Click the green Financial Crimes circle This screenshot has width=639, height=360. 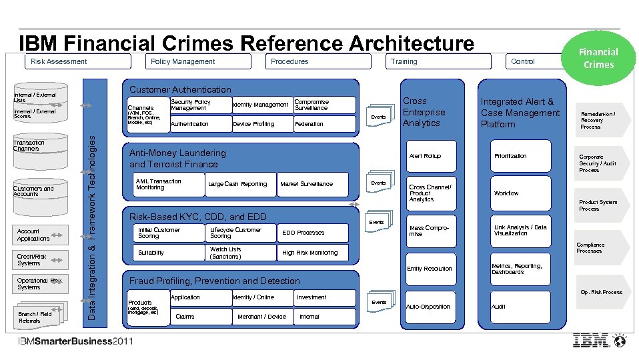(x=598, y=57)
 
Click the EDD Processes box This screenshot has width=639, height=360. (x=312, y=233)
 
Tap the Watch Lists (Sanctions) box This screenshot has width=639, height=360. (x=239, y=253)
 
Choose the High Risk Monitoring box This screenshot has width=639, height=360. (x=312, y=253)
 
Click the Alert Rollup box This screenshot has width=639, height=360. (x=432, y=156)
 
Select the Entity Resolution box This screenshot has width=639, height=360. (x=432, y=269)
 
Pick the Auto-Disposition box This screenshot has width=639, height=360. (x=432, y=307)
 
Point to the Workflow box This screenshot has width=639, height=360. (x=520, y=193)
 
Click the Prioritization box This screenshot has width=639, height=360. (x=520, y=156)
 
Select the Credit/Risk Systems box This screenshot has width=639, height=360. (x=41, y=259)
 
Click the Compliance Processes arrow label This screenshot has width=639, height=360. (x=594, y=247)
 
